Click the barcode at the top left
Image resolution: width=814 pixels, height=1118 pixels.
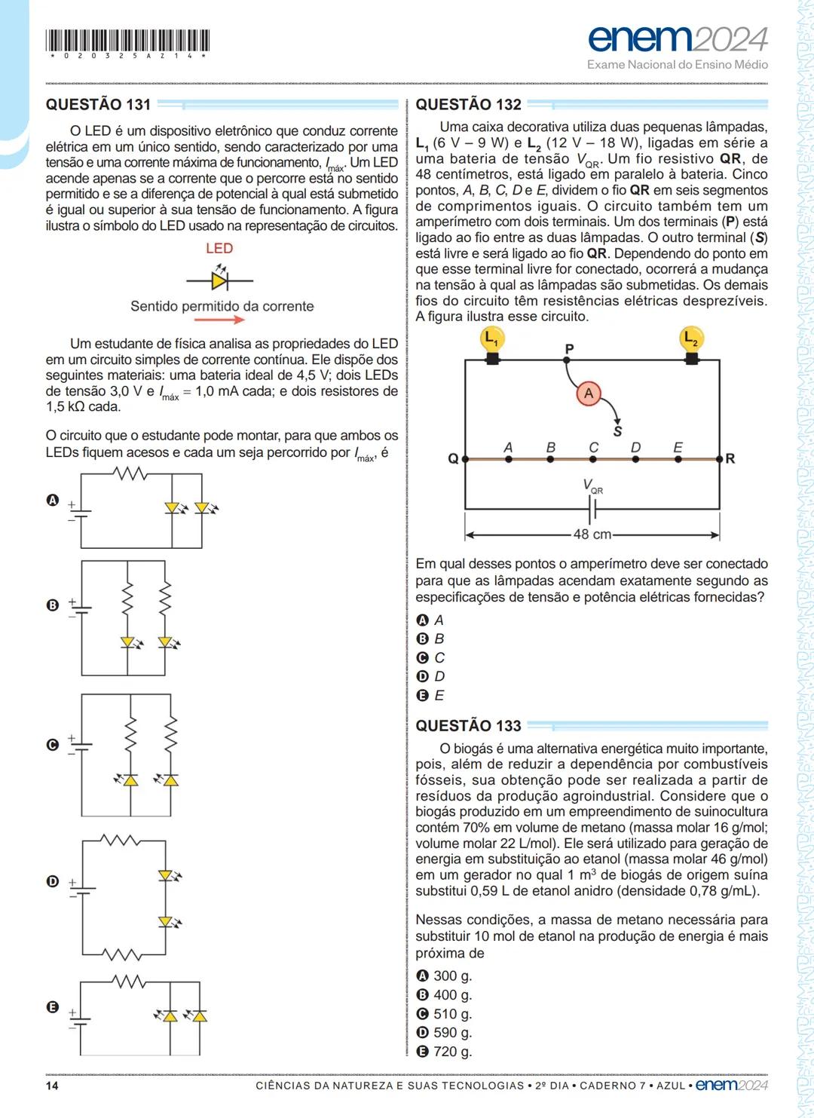tap(127, 41)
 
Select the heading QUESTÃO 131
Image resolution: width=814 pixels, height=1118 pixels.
tap(98, 105)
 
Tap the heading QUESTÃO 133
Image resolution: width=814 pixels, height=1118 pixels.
tap(468, 726)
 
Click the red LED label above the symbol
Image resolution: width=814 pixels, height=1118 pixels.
tap(219, 248)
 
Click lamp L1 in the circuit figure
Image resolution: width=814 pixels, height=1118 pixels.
tap(491, 340)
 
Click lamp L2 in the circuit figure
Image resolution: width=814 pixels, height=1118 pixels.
tap(690, 340)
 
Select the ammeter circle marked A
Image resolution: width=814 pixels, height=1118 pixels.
tap(589, 393)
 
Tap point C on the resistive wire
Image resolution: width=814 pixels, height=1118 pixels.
tap(593, 458)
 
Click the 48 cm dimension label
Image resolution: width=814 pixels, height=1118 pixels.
tap(592, 534)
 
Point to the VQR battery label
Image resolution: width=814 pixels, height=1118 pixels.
tap(592, 486)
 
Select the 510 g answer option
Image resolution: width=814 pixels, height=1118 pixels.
tap(445, 1014)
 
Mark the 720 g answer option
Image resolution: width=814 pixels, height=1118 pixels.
tap(445, 1052)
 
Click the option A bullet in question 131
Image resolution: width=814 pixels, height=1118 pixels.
tap(52, 500)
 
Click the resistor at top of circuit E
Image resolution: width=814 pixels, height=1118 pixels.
tap(130, 982)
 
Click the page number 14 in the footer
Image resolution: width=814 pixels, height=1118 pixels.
tap(52, 1086)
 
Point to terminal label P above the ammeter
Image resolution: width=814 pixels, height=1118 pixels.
tap(569, 349)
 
